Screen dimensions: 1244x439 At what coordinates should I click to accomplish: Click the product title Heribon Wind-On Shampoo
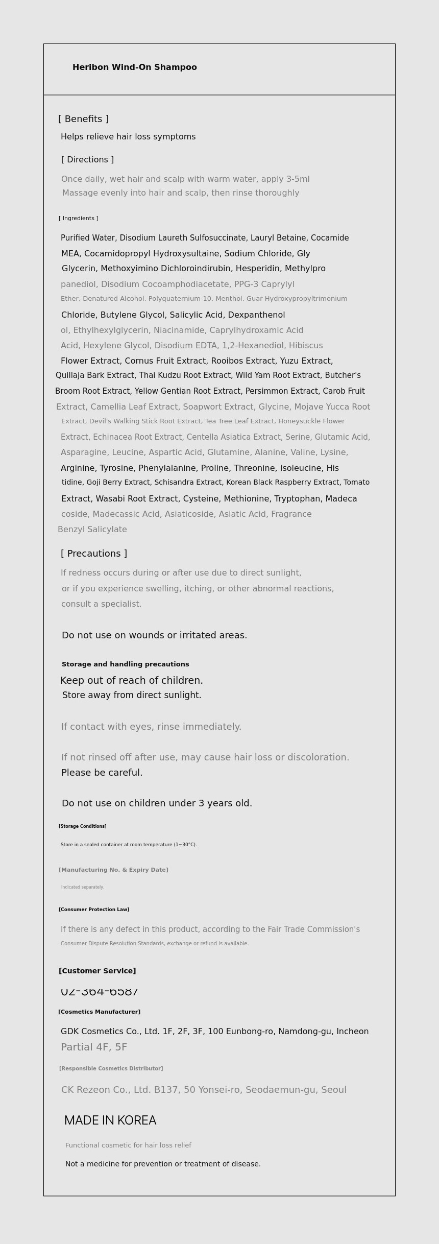coord(134,67)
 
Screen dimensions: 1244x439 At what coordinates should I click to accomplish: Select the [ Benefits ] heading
coord(83,119)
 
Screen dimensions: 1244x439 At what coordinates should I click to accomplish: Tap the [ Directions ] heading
coord(87,160)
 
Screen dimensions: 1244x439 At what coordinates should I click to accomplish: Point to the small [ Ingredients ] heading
coord(78,219)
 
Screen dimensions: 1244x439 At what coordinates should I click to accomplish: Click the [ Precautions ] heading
coord(94,554)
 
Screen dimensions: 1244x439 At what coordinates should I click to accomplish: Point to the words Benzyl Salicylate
coord(92,530)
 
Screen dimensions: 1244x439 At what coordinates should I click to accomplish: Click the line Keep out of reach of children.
coord(132,681)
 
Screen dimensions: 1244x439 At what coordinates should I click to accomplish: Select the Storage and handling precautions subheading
coord(125,664)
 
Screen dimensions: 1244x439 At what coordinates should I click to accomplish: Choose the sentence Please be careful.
coord(102,773)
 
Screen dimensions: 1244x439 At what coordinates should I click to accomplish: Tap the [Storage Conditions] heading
coord(82,826)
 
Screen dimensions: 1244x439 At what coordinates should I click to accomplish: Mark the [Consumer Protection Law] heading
coord(93,910)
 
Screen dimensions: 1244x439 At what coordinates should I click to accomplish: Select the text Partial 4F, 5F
coord(94,1047)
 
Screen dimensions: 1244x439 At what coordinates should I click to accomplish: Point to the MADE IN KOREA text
coord(110,1120)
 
